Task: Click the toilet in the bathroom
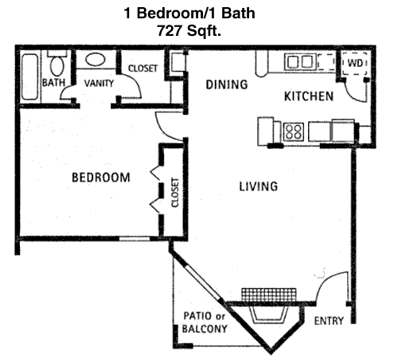click(x=57, y=64)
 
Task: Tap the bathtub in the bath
click(x=29, y=77)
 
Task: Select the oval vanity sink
click(x=95, y=60)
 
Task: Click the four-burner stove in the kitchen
click(x=294, y=131)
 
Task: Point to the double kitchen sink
click(x=300, y=62)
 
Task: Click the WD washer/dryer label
click(x=355, y=63)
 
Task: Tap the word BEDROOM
click(x=101, y=178)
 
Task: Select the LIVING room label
click(x=259, y=186)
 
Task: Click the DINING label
click(x=227, y=84)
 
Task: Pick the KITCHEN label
click(x=309, y=96)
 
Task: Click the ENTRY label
click(x=329, y=321)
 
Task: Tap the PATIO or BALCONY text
click(x=205, y=323)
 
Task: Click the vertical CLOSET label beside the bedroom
click(x=175, y=193)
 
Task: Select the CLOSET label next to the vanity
click(x=142, y=68)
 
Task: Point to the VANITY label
click(x=99, y=84)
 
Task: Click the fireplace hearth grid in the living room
click(x=268, y=295)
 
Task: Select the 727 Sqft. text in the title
click(x=189, y=30)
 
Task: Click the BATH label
click(x=53, y=83)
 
